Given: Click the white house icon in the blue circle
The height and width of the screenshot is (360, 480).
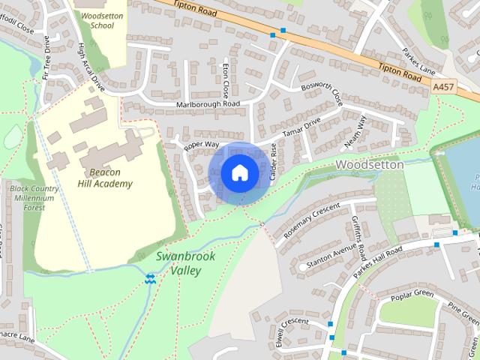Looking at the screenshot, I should click(239, 172).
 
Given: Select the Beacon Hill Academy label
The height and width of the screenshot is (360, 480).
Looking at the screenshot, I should click(105, 177).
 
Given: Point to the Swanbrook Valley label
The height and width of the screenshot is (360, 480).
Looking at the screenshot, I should click(185, 263).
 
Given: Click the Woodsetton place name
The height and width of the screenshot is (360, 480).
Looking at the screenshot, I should click(370, 163).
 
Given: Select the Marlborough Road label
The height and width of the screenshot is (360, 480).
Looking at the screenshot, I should click(208, 103).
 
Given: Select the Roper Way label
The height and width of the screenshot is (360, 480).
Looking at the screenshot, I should click(200, 144).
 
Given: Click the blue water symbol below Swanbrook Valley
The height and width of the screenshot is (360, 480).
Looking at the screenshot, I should click(151, 279).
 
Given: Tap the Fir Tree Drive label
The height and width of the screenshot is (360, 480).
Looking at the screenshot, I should click(49, 57).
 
